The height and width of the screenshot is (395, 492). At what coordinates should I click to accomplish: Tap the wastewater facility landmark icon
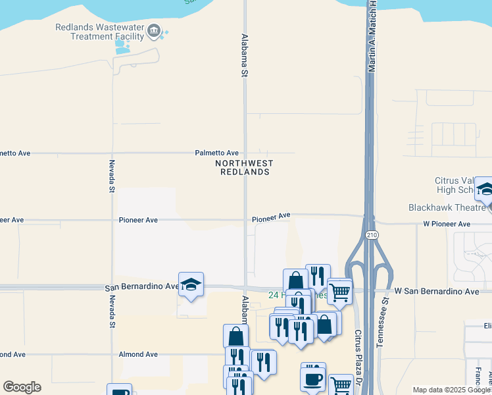154,30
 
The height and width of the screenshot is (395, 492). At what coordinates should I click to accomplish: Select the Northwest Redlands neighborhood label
243,167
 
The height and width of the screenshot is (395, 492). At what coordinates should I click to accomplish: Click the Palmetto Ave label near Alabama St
216,153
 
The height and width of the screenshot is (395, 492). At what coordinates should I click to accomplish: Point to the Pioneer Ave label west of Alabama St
138,220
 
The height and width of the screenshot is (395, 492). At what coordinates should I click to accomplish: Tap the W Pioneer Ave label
447,224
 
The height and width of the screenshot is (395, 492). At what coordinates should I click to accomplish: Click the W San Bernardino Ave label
437,291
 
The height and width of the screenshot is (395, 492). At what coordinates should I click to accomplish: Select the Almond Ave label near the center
138,354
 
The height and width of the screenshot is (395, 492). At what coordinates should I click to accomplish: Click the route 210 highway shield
372,235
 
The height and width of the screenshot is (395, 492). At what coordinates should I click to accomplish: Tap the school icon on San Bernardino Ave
191,284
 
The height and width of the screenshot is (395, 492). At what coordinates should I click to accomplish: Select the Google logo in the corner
22,387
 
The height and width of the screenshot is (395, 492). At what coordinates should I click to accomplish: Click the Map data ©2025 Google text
451,390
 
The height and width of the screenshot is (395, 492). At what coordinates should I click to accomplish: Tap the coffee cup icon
313,379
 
